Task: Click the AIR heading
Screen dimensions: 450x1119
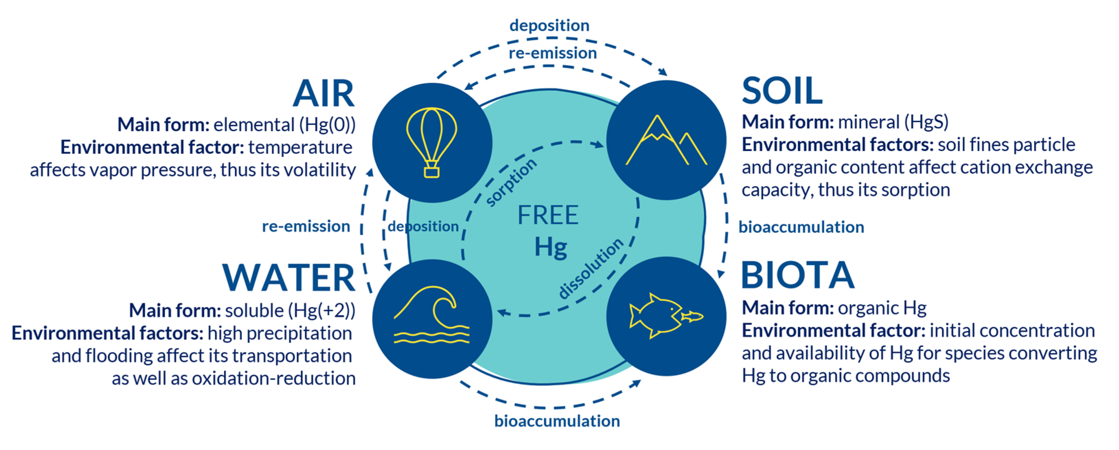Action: [324, 93]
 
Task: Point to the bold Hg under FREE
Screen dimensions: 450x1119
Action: [550, 247]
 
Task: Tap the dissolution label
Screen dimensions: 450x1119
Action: [591, 268]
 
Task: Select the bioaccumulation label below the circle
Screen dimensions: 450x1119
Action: [557, 421]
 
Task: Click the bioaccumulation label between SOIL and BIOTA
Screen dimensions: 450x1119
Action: [801, 227]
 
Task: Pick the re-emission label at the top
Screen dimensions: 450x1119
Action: [553, 53]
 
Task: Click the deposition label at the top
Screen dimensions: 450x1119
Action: [549, 25]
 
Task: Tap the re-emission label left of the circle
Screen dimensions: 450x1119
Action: [306, 226]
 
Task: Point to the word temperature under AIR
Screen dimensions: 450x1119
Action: [300, 147]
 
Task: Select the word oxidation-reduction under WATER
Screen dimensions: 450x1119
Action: [274, 378]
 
